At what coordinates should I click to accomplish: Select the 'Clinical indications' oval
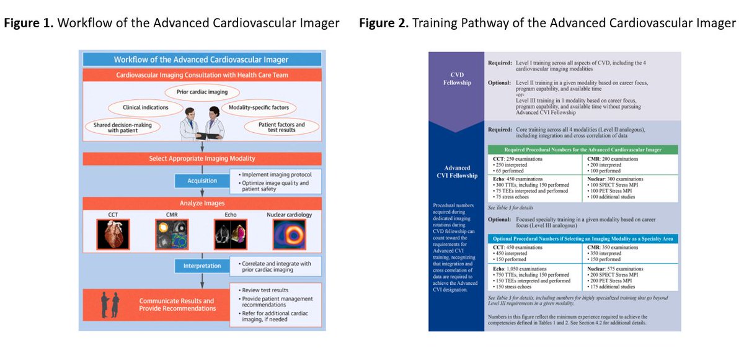pos(146,107)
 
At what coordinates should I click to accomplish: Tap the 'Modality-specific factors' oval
pos(259,107)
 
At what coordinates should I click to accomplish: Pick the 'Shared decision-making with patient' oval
pos(118,126)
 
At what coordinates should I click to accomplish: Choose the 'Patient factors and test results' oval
pos(281,126)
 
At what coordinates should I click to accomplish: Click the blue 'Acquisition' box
pos(202,181)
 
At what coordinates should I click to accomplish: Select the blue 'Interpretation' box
pos(202,266)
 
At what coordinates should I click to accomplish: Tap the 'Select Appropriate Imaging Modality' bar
pos(202,159)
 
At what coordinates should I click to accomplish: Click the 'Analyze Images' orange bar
pos(202,203)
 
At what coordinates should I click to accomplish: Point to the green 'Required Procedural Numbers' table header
pos(582,150)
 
